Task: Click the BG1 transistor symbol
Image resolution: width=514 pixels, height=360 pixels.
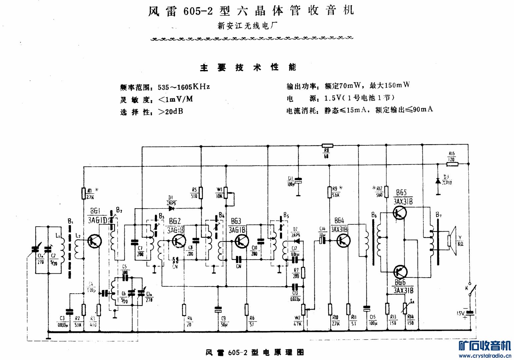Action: tap(94, 241)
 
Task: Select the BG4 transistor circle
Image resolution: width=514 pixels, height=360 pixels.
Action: tap(343, 240)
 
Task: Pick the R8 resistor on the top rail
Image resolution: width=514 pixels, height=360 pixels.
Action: tap(327, 146)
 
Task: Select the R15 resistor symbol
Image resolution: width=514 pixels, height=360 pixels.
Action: tap(452, 164)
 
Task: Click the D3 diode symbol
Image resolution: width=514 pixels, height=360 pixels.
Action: tap(438, 181)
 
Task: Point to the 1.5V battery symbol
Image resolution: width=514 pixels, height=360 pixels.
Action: tap(470, 313)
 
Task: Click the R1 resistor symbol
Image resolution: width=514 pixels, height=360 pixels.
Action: tap(84, 193)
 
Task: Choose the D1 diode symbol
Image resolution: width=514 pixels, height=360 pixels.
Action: tap(172, 209)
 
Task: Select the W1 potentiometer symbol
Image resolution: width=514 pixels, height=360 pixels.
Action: tap(226, 193)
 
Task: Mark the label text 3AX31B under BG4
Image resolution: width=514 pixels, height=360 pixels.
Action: tap(339, 229)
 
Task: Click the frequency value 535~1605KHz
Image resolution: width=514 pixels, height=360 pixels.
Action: tap(184, 87)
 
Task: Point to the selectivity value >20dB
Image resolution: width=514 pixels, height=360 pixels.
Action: tap(170, 112)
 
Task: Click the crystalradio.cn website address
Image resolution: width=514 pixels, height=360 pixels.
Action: tap(485, 356)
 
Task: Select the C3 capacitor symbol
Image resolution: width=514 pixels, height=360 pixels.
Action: tap(69, 312)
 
